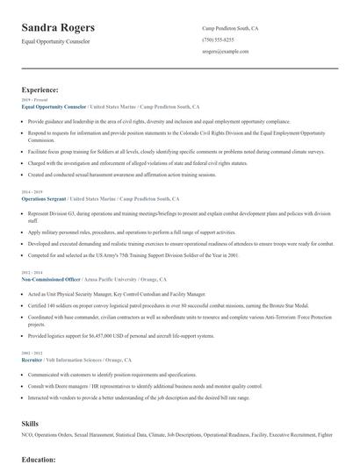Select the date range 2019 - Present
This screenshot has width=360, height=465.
click(34, 101)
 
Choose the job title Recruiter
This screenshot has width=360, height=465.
click(33, 360)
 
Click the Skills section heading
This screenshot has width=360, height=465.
click(30, 424)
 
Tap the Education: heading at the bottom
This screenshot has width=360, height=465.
click(40, 459)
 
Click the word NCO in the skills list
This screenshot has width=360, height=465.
click(28, 436)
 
